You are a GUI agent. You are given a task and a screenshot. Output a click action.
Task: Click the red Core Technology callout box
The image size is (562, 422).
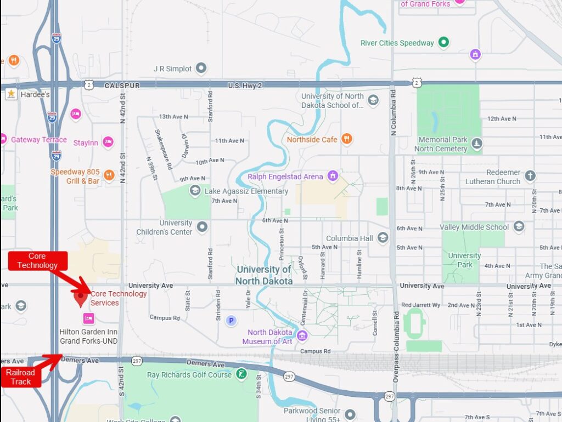click(x=37, y=261)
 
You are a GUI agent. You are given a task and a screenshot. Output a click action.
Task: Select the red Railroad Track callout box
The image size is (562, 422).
click(x=20, y=377)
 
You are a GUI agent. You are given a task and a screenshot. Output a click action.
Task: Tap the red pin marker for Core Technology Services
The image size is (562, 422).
click(x=81, y=298)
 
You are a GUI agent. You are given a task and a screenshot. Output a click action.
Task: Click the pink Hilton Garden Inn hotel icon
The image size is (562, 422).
click(x=88, y=318)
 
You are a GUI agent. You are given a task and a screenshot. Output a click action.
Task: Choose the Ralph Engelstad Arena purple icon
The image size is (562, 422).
click(x=332, y=176)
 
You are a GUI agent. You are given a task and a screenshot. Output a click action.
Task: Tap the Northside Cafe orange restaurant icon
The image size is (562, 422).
click(x=346, y=139)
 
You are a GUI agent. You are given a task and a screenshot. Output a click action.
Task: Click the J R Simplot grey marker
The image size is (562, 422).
click(x=201, y=69)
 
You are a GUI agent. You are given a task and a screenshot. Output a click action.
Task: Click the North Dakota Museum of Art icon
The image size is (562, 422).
click(x=302, y=335)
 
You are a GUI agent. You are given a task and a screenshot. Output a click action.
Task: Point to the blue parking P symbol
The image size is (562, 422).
click(x=231, y=321)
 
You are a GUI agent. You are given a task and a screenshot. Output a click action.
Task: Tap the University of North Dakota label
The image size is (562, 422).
click(x=264, y=275)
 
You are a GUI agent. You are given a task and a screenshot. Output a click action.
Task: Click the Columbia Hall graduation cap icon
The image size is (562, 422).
click(x=383, y=238)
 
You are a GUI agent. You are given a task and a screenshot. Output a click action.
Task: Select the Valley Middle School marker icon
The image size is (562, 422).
click(x=519, y=227)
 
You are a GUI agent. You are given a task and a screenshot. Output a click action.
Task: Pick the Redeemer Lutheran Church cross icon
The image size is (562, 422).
click(x=530, y=176)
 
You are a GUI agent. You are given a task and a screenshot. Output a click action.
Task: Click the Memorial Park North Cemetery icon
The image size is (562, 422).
click(x=477, y=144)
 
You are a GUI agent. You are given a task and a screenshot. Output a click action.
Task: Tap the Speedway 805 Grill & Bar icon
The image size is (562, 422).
click(x=109, y=175)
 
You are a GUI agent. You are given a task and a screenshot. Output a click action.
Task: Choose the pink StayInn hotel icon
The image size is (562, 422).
click(x=108, y=142)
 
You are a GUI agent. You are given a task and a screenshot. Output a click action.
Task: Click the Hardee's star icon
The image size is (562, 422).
click(x=10, y=94)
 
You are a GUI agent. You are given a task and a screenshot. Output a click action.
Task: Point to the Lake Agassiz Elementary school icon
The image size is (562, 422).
click(x=195, y=191)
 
